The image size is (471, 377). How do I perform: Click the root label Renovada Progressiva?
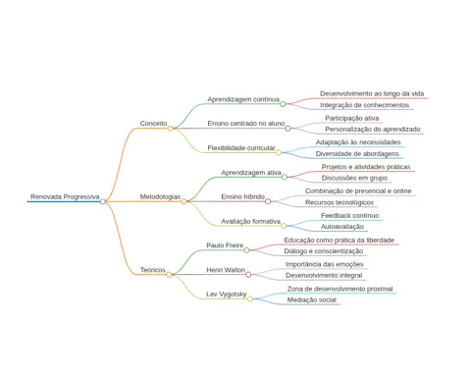tap(65, 196)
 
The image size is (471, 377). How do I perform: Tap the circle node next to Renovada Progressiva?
tap(103, 201)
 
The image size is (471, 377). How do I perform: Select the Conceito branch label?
tap(153, 124)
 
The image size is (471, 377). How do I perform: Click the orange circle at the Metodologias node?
tap(183, 201)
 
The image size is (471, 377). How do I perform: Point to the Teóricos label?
tap(153, 270)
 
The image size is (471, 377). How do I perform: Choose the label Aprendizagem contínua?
tap(243, 99)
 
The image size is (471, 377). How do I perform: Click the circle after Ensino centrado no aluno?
tap(288, 129)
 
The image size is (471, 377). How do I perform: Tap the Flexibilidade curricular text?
tap(241, 148)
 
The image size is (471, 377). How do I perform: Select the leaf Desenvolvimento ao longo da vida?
tap(372, 93)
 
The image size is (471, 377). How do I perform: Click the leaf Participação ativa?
tap(352, 118)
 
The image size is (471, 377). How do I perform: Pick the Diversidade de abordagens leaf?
tap(357, 154)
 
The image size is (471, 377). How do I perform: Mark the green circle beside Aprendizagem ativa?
tap(285, 177)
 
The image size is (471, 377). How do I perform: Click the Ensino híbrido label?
tap(242, 196)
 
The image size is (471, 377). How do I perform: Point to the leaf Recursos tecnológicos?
tap(340, 202)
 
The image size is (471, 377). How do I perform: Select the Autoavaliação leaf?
tap(342, 227)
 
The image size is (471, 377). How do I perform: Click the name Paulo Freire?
tap(225, 245)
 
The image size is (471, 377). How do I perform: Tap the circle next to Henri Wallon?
tap(248, 275)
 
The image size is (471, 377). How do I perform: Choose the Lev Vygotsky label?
tap(226, 295)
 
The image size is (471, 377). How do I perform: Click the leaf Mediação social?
tap(312, 300)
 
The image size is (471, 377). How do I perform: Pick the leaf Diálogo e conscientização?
tap(324, 251)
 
